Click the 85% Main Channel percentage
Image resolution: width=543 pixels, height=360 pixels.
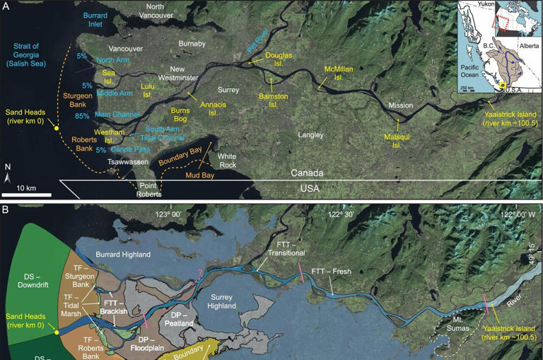(82, 116)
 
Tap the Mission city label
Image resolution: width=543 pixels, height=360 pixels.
(399, 106)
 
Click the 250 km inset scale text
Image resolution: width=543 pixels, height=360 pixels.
(467, 88)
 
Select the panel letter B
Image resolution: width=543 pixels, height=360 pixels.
(6, 210)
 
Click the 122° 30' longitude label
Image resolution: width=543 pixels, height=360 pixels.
(344, 214)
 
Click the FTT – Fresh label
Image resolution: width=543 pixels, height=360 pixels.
(331, 272)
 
